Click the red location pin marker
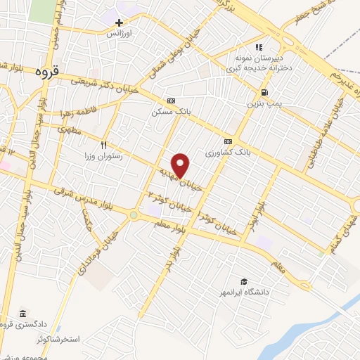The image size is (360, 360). click(181, 165)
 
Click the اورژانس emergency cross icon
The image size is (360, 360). click(120, 22)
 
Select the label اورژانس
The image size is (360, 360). click(120, 33)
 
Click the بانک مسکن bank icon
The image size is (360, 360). click(170, 101)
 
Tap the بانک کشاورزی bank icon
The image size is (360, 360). click(228, 140)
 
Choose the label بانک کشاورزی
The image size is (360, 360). click(228, 151)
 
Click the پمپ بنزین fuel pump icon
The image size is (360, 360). click(264, 92)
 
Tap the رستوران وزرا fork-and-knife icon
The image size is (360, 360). click(103, 145)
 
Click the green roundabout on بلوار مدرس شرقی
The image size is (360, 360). click(134, 215)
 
